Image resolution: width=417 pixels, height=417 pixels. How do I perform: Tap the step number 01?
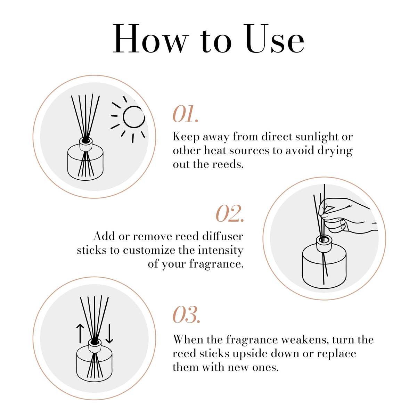(x=186, y=115)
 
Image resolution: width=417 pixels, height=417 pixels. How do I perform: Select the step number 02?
(x=230, y=214)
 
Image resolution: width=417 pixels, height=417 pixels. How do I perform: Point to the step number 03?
(x=186, y=315)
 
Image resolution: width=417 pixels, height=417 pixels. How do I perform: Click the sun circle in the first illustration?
(x=134, y=117)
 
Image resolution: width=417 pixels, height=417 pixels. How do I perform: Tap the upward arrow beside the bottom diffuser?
(x=80, y=333)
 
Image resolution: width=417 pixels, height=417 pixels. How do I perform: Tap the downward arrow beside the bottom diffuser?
(x=109, y=333)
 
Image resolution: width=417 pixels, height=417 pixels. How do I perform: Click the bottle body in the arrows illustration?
(x=94, y=365)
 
